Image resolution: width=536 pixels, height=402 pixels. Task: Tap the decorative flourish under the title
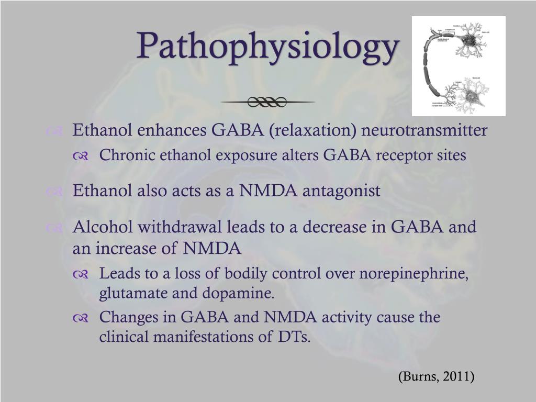point(267,102)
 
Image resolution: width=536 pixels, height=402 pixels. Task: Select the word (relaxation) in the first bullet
point(312,130)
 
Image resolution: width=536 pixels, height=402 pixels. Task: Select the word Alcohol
point(99,227)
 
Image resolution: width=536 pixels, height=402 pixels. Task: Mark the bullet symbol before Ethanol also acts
point(54,192)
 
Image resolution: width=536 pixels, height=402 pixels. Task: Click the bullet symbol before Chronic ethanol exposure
point(81,157)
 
